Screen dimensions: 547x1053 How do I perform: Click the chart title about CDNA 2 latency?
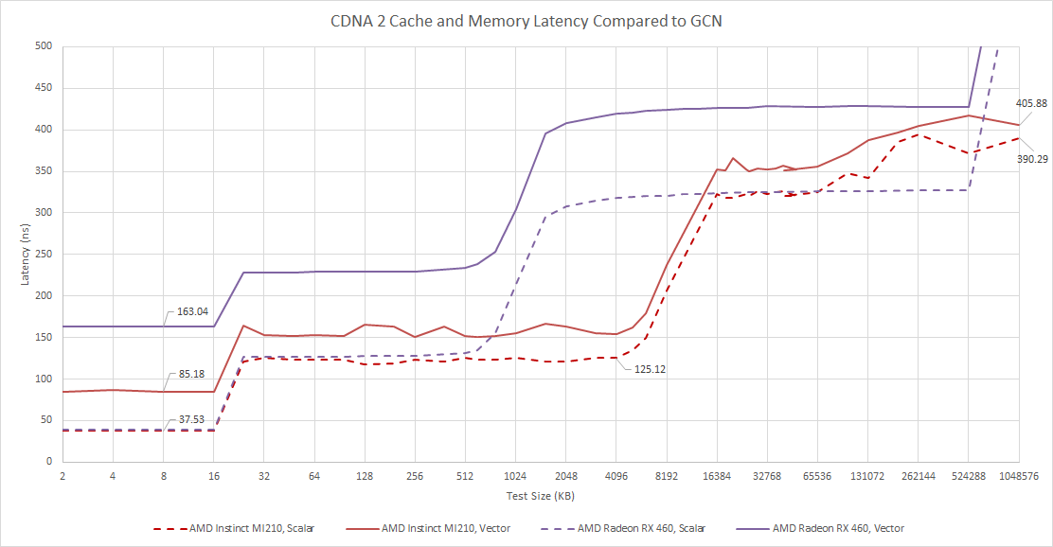[x=526, y=20]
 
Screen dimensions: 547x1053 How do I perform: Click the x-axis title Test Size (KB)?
[x=540, y=495]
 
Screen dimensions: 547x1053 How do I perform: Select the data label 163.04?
[x=195, y=311]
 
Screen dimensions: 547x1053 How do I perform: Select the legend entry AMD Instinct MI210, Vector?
[x=445, y=528]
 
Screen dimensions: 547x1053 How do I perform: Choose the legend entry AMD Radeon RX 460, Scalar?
[x=641, y=528]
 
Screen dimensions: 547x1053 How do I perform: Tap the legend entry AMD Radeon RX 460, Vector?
[x=838, y=528]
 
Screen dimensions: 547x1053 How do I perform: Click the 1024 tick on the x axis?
[x=515, y=477]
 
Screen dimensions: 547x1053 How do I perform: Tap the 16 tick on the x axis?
[x=213, y=477]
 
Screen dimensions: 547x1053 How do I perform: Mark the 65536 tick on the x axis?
[x=816, y=477]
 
